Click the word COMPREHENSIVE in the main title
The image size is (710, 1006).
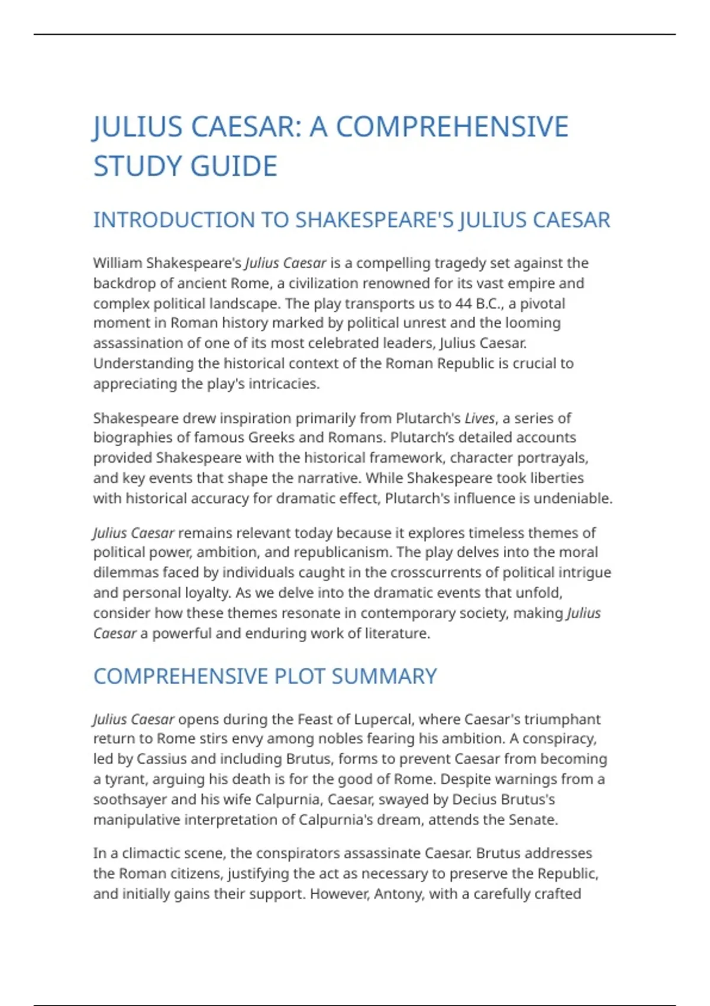(451, 127)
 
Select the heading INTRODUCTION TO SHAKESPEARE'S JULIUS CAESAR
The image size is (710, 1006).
(351, 220)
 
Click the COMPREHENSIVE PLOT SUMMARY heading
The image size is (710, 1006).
(264, 676)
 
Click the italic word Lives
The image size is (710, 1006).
(479, 418)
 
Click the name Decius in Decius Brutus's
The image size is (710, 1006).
(472, 799)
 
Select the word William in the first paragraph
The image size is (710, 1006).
(117, 263)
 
